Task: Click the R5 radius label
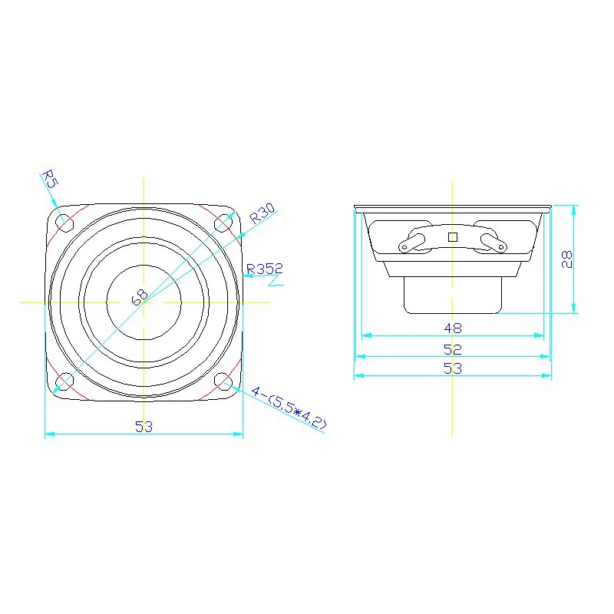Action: pos(50,179)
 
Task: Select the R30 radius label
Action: pos(262,213)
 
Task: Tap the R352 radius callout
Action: pos(265,269)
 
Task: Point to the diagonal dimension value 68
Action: pos(140,298)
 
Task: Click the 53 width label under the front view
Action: pos(144,427)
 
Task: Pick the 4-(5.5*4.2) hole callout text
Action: pos(289,408)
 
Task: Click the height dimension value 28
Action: pos(566,259)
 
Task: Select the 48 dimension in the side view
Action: pos(453,328)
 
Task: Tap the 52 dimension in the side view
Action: pos(453,349)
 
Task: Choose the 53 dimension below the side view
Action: pos(453,368)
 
